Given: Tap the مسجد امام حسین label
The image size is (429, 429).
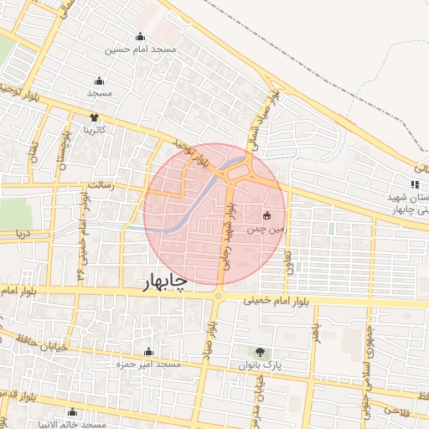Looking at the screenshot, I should pos(141,49).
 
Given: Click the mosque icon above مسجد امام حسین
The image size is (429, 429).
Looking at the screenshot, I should pos(141,37).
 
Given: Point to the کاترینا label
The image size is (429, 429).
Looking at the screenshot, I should pos(93,130).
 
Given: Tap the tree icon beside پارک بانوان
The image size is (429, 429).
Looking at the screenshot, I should pos(259,352).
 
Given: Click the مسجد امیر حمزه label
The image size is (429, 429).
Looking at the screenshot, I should pos(149,364).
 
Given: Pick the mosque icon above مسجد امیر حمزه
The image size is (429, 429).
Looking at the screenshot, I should pos(149,352).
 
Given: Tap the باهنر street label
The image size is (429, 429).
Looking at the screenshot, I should pos(317,333).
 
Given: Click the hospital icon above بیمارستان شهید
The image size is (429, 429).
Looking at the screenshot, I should pos(414,184).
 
